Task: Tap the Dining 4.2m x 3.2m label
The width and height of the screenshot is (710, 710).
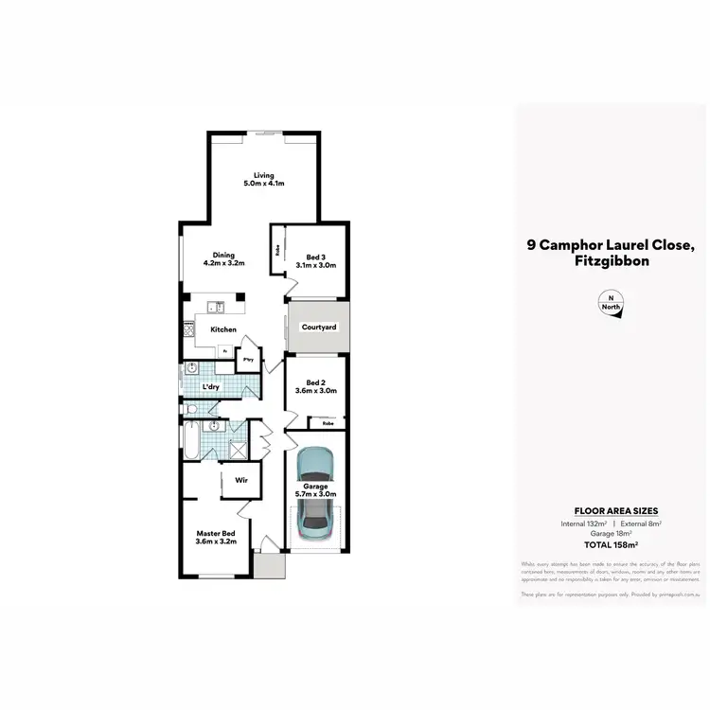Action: (x=223, y=258)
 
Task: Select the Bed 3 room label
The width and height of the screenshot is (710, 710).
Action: (x=315, y=260)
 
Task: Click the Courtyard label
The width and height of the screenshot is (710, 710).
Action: (x=319, y=328)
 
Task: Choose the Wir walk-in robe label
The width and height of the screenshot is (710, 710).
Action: (x=240, y=479)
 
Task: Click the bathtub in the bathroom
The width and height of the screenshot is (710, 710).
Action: (x=189, y=440)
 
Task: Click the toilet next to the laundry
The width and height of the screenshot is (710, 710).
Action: (x=190, y=410)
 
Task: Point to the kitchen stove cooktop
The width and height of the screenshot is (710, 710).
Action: (x=188, y=330)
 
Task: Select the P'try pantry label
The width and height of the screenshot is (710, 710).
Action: (x=250, y=360)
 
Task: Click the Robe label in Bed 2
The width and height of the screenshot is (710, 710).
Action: (x=327, y=423)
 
